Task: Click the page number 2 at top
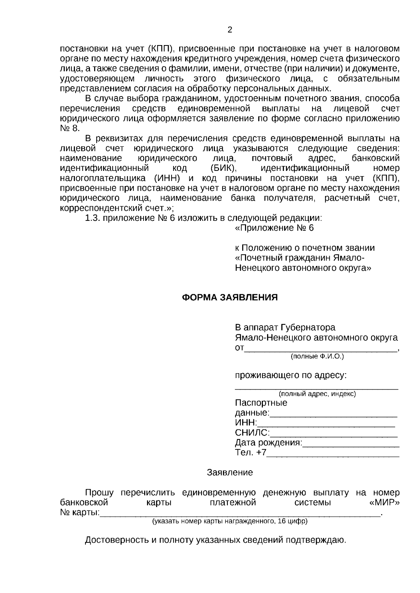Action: pos(230,30)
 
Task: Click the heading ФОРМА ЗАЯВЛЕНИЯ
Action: pos(230,297)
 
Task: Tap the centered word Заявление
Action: pos(230,473)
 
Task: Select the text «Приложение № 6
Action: pos(274,228)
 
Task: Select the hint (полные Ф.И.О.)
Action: pos(317,356)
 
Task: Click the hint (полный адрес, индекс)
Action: pos(317,394)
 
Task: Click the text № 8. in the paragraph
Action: pos(70,128)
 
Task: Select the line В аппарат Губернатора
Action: pos(285,328)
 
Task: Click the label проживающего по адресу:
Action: pos(290,376)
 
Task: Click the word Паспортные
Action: pos(261,403)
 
